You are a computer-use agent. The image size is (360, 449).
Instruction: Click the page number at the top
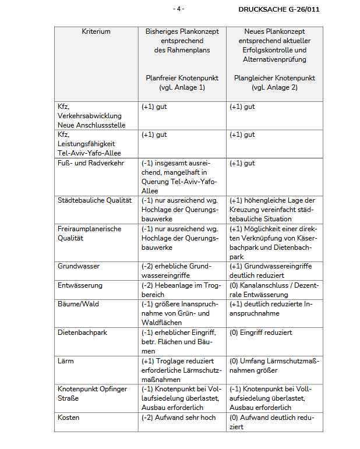[x=179, y=9]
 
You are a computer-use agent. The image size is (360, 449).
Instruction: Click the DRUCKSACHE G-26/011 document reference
[x=278, y=9]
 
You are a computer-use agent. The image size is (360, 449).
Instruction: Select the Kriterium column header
[x=96, y=31]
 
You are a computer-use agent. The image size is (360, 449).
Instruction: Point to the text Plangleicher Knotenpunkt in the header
[x=274, y=77]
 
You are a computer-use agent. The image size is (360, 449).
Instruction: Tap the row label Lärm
[x=66, y=361]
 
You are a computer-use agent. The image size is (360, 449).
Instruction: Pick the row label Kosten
[x=68, y=418]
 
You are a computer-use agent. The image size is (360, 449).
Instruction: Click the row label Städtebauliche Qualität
[x=94, y=200]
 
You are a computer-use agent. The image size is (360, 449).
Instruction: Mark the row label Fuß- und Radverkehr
[x=91, y=163]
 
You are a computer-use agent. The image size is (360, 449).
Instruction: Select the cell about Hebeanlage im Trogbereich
[x=180, y=290]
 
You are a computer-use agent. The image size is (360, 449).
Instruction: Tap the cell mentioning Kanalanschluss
[x=274, y=290]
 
